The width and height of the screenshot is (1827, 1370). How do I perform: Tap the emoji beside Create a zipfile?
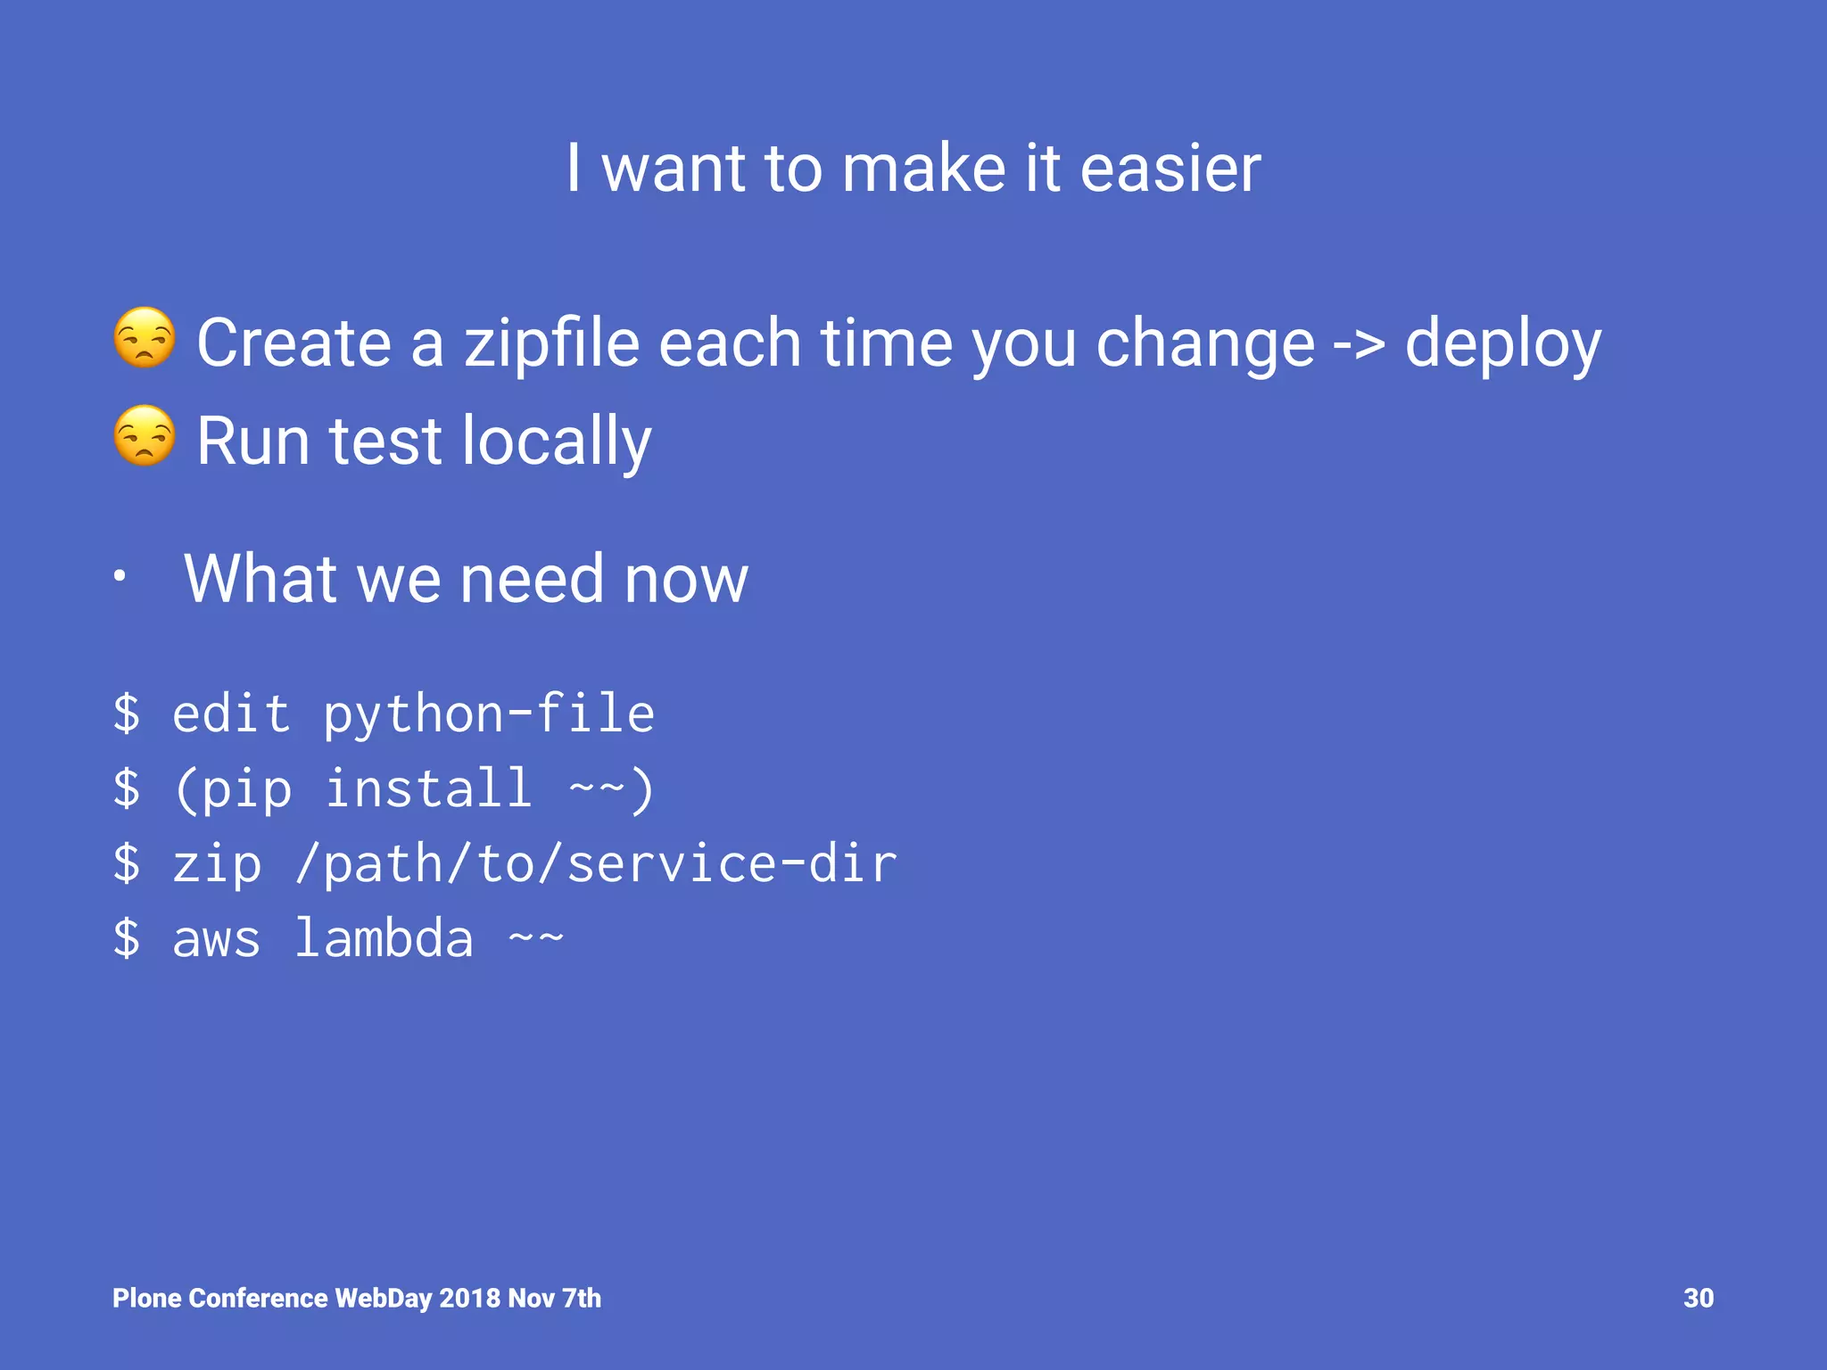coord(145,338)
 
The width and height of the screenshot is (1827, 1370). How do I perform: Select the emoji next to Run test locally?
coord(145,436)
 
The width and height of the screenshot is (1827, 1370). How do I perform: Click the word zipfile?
coord(552,344)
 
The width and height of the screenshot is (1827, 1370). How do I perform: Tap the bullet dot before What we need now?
coord(120,577)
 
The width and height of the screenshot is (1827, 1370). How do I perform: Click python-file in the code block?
coord(489,714)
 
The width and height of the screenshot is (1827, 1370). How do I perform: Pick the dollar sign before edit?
coord(127,714)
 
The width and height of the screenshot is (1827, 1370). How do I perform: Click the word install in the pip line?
coord(428,789)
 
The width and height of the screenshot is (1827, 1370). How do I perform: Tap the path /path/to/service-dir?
coord(596,864)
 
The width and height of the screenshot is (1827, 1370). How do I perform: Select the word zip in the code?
coord(217,864)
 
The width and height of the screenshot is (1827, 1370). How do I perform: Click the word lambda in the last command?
coord(384,938)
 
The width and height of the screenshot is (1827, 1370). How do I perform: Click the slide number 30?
coord(1698,1298)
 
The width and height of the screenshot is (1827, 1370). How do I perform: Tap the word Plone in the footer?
coord(147,1298)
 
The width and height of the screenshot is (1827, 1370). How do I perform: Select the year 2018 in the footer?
coord(469,1298)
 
